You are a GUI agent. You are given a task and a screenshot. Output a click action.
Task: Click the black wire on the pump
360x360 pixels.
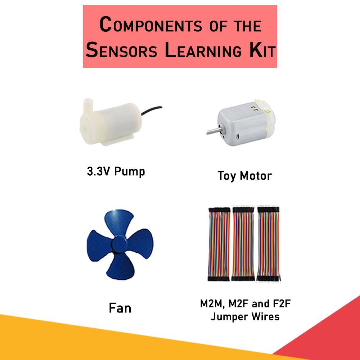click(151, 110)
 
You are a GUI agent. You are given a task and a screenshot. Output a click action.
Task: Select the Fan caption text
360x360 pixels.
click(120, 308)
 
